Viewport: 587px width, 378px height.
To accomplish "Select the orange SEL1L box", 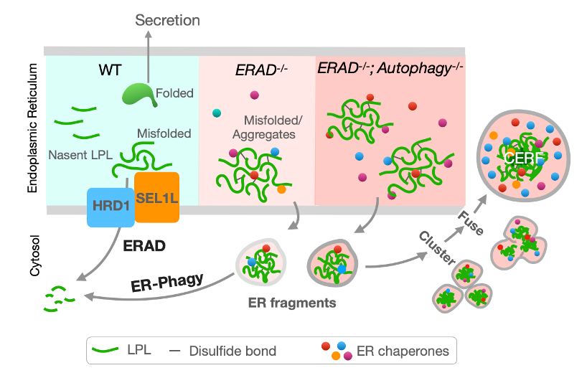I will (x=156, y=195).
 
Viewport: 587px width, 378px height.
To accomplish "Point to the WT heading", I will (x=110, y=71).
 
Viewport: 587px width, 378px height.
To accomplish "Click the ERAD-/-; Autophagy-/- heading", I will (x=390, y=69).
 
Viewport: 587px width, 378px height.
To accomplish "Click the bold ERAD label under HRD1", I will (x=144, y=245).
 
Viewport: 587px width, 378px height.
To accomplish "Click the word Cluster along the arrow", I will (x=437, y=244).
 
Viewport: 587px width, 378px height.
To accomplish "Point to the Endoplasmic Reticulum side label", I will (x=32, y=128).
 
